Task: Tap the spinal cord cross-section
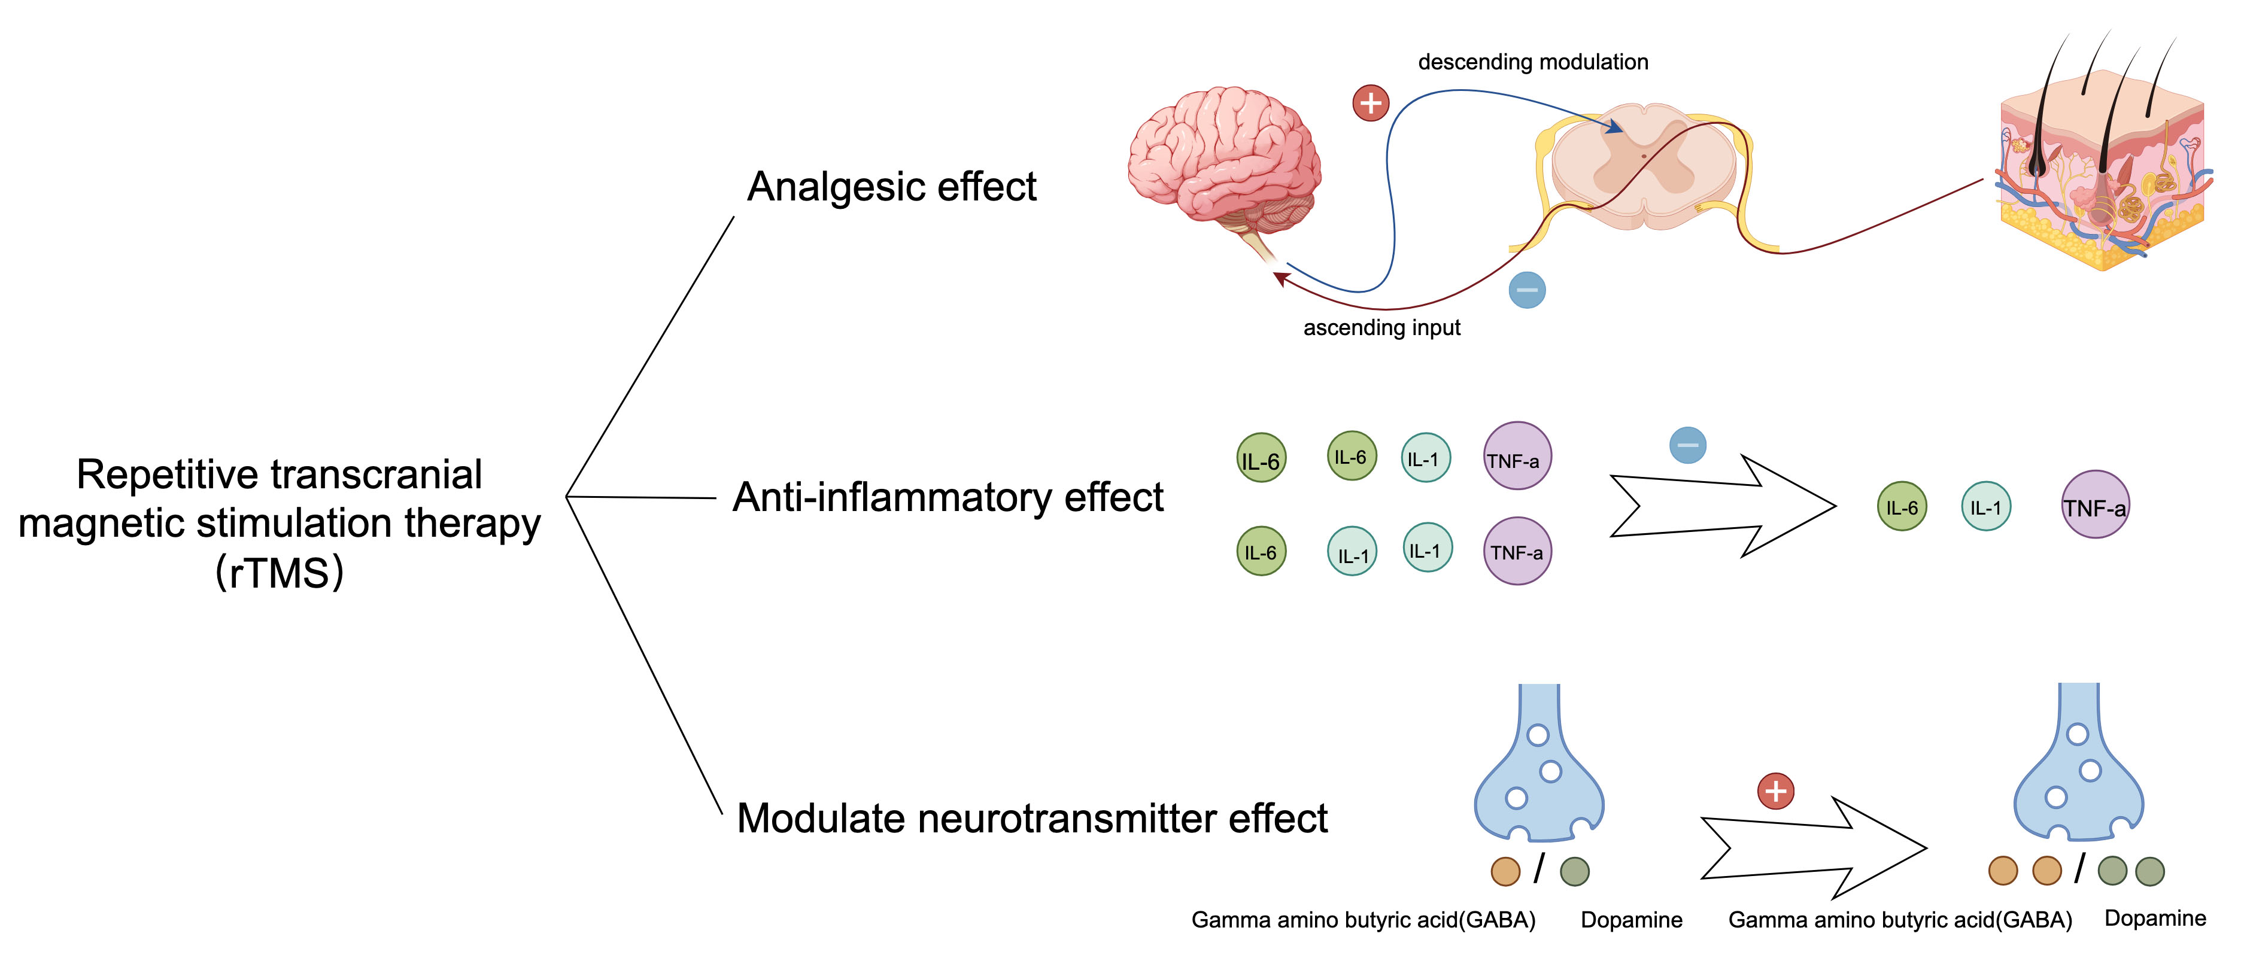click(1642, 166)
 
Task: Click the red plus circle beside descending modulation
click(1370, 103)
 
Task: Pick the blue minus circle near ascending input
click(1527, 290)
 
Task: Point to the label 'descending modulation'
click(1533, 62)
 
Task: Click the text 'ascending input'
click(1381, 327)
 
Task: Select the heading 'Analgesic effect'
click(891, 186)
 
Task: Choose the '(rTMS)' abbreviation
click(280, 573)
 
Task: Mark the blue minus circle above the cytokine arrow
click(1687, 445)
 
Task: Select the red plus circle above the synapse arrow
click(1775, 792)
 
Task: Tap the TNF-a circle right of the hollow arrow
click(2095, 505)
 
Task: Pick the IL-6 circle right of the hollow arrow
click(1902, 507)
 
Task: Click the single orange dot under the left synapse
click(1505, 871)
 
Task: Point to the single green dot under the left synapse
click(1574, 871)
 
